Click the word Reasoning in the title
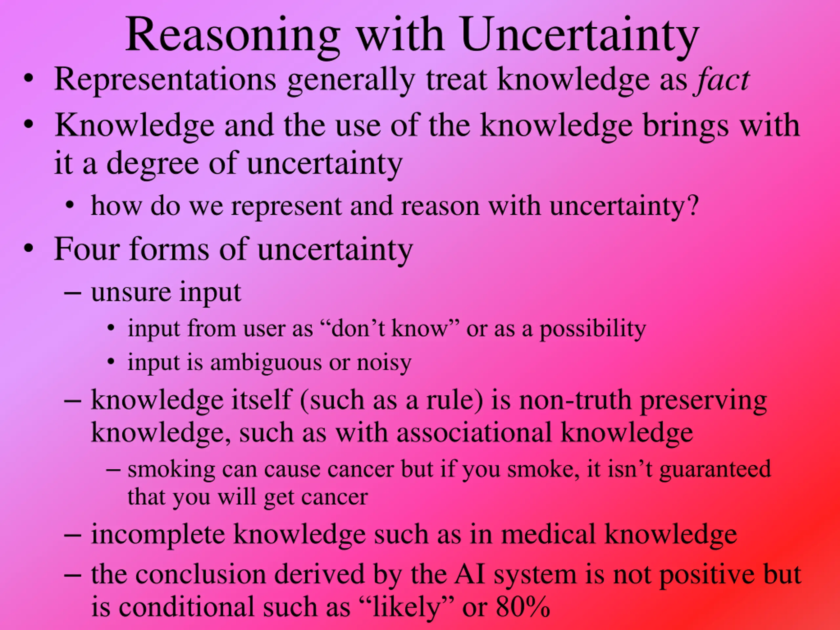233,37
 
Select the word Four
87,249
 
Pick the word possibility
593,329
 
